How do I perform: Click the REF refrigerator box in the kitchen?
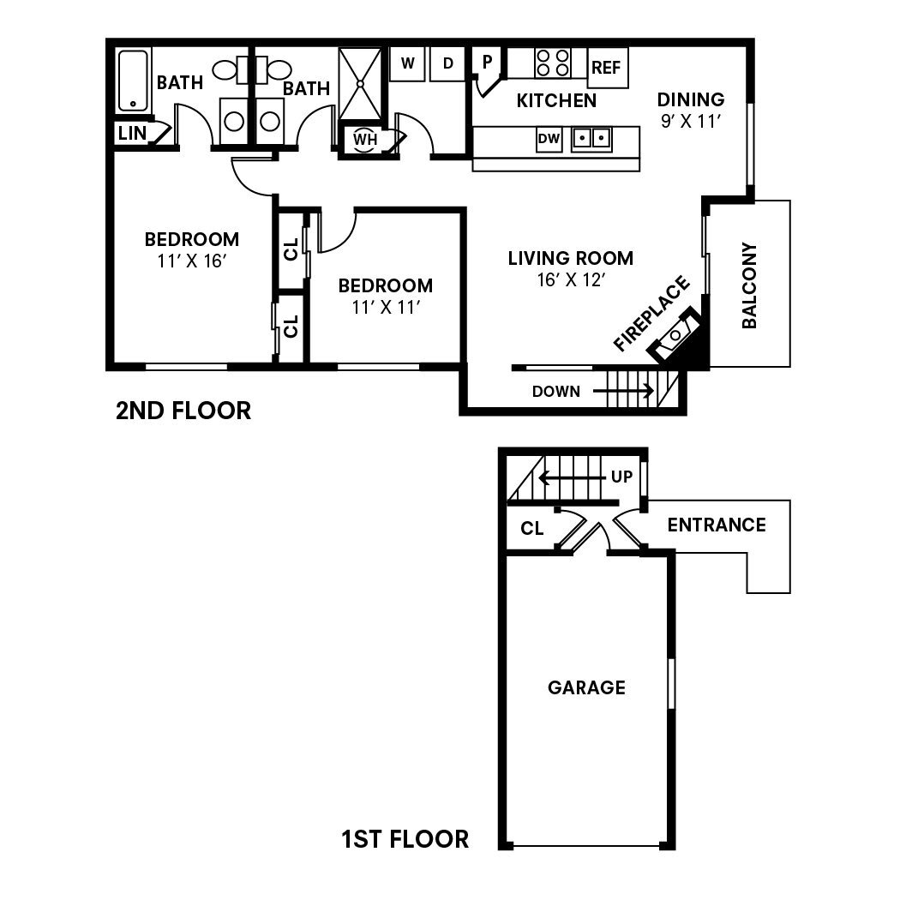[607, 68]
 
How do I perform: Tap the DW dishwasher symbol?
[549, 137]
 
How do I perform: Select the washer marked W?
[408, 63]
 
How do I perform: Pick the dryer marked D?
[447, 63]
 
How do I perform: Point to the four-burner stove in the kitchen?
[553, 63]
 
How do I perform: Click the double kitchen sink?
[591, 137]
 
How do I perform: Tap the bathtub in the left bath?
[133, 81]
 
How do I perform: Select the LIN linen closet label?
[132, 134]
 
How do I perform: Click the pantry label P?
[487, 62]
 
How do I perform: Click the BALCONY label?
[749, 286]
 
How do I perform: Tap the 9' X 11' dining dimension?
[692, 121]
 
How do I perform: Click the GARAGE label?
[586, 687]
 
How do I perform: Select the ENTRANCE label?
[717, 525]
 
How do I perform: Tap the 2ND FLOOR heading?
[183, 411]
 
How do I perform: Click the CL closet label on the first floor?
[532, 529]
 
